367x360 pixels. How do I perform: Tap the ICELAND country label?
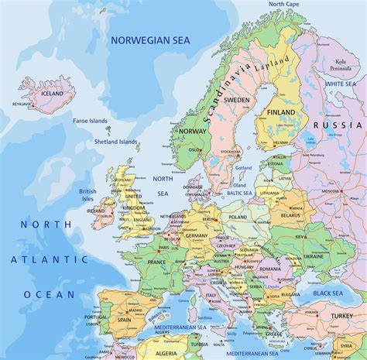point(52,94)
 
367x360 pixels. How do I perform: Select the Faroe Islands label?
point(90,121)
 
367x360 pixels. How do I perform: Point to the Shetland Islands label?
point(117,142)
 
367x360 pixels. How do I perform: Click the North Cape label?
point(284,5)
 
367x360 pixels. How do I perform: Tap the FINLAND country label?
point(281,112)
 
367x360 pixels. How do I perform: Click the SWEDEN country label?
point(237,100)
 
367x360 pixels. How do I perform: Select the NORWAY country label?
point(191,132)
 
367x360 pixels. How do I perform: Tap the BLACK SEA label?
point(328,293)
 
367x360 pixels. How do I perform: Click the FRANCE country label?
point(156,262)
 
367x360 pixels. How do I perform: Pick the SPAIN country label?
point(124,319)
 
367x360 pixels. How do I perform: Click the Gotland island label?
point(243,167)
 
